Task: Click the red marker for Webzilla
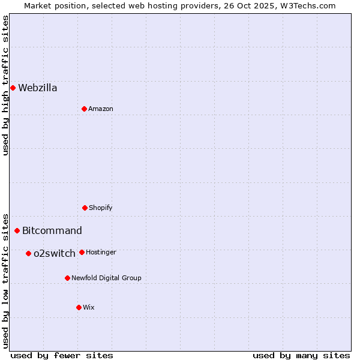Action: pyautogui.click(x=13, y=88)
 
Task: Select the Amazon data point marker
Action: pyautogui.click(x=84, y=109)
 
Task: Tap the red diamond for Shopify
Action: pyautogui.click(x=85, y=208)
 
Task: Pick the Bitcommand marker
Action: pyautogui.click(x=17, y=230)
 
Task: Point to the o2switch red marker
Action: pyautogui.click(x=28, y=253)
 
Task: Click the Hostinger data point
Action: pyautogui.click(x=82, y=252)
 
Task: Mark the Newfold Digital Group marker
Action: pyautogui.click(x=67, y=278)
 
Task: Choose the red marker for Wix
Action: pyautogui.click(x=79, y=307)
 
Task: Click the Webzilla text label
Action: pyautogui.click(x=38, y=88)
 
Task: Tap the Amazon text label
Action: pyautogui.click(x=101, y=109)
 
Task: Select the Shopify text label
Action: pyautogui.click(x=101, y=208)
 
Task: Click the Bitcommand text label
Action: pyautogui.click(x=52, y=231)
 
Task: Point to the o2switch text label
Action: pyautogui.click(x=55, y=254)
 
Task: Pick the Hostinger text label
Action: pyautogui.click(x=101, y=253)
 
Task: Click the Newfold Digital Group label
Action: pyautogui.click(x=106, y=278)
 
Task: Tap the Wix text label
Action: pyautogui.click(x=89, y=308)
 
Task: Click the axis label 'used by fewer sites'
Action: pyautogui.click(x=62, y=355)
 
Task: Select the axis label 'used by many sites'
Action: pyautogui.click(x=301, y=355)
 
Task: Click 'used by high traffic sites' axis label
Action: pyautogui.click(x=5, y=85)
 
